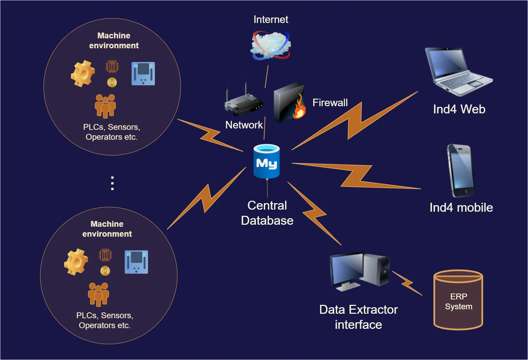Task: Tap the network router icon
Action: [244, 102]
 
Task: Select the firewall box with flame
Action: [289, 102]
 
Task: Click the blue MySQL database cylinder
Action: [267, 161]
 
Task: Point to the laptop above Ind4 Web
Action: [458, 72]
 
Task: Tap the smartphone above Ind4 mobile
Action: [461, 171]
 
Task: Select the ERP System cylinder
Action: [458, 300]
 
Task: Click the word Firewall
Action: [330, 103]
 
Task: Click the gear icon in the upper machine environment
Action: [83, 74]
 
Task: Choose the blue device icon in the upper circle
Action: [143, 74]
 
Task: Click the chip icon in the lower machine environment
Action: [105, 255]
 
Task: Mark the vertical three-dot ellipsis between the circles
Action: [112, 183]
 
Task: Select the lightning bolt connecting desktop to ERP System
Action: [407, 283]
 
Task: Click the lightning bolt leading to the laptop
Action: [355, 121]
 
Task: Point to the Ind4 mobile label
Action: [461, 208]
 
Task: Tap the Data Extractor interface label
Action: [358, 317]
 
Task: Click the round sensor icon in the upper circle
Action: [112, 83]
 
